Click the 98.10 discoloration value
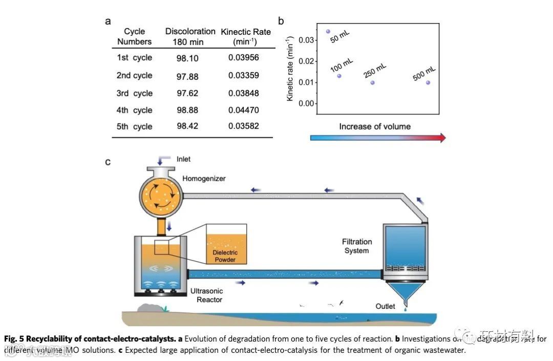coord(187,58)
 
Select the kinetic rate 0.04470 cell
coord(244,110)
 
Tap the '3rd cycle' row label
coord(135,93)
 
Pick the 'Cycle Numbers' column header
coord(135,36)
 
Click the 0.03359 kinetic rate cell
coord(244,76)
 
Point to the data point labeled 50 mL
coord(328,31)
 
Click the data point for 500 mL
coord(428,82)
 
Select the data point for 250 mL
coord(372,82)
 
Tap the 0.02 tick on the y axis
coord(305,61)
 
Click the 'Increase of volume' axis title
coord(375,126)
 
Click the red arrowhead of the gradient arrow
coord(442,138)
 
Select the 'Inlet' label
coord(183,159)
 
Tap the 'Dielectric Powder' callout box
coord(226,244)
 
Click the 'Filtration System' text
coord(357,246)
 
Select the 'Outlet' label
coord(386,306)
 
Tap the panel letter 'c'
coord(108,162)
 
